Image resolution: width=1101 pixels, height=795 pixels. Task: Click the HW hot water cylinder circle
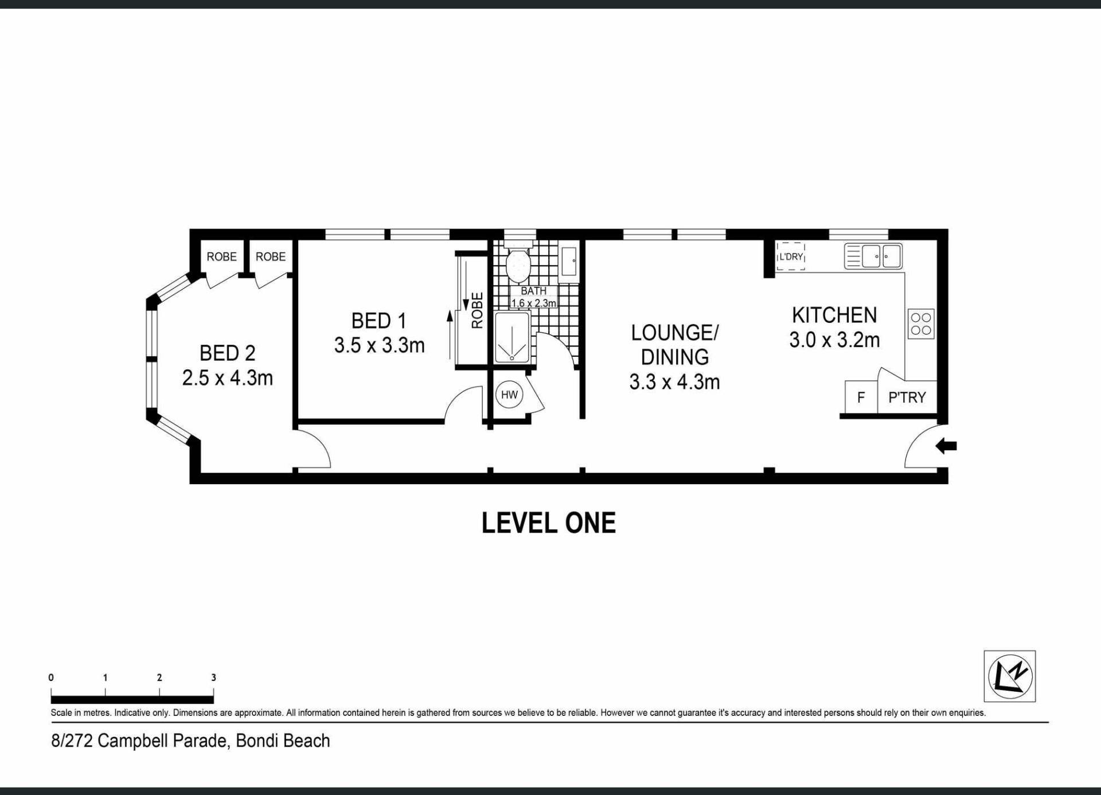pos(509,395)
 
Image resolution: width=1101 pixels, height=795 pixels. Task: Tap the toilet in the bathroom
pos(518,262)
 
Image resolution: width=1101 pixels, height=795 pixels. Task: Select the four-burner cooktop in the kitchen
pos(921,324)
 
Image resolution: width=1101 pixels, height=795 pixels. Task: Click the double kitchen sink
pos(873,256)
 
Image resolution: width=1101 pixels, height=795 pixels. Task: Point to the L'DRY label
pos(791,256)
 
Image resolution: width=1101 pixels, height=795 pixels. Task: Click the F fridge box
pos(861,397)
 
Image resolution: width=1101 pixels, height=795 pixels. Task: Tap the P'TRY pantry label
pos(907,397)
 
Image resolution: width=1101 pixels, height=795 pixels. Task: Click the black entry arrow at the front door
pos(946,446)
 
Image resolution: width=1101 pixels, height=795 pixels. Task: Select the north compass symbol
pos(1010,676)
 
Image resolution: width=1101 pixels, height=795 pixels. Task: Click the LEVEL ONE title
pos(549,523)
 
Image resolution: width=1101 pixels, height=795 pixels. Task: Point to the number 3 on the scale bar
pos(214,677)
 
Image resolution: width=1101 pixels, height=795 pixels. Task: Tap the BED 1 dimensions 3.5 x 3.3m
pos(379,345)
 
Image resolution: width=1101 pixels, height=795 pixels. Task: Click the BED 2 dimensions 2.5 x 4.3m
pos(227,378)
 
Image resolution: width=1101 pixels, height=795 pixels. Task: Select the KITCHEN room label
pos(834,315)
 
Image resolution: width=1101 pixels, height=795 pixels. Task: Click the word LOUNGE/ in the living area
pos(674,333)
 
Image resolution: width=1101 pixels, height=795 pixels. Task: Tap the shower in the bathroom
pos(512,338)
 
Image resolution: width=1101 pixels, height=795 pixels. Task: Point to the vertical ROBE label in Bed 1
pos(477,310)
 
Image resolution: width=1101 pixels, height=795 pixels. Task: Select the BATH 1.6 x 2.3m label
pos(534,297)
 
